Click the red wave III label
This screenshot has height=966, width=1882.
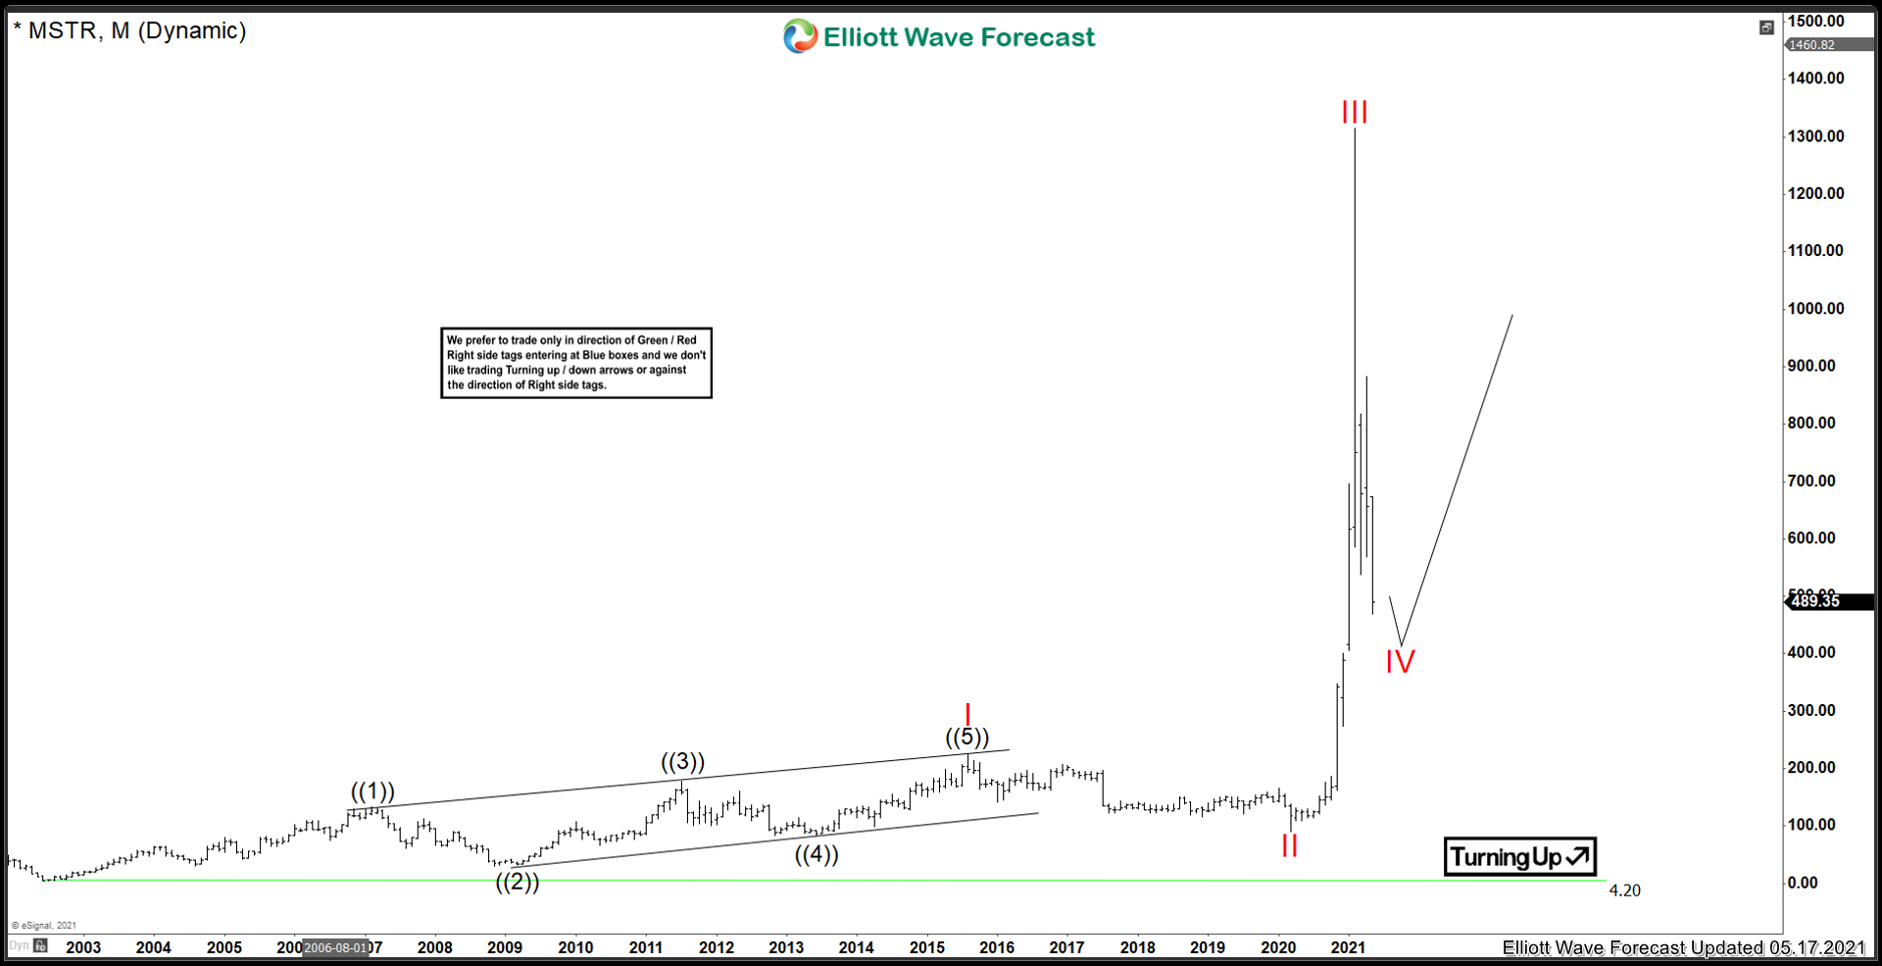(1355, 112)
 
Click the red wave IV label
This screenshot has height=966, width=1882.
(1400, 662)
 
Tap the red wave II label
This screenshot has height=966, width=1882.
(1289, 845)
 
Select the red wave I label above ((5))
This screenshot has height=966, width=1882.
(967, 714)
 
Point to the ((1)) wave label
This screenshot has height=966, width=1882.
(372, 791)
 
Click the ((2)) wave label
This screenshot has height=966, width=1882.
(517, 882)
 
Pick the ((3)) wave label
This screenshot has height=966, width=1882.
(682, 762)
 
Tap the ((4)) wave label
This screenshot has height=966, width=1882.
(817, 854)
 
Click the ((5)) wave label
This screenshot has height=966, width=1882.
(967, 737)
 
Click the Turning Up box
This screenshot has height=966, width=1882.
(1519, 857)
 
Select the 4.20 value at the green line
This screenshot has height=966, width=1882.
(1624, 890)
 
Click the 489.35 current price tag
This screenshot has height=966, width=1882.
(1816, 601)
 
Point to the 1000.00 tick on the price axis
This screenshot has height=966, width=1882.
(1815, 308)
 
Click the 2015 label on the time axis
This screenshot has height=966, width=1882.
(926, 947)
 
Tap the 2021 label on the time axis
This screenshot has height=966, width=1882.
(1348, 947)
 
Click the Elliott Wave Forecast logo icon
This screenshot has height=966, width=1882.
(800, 36)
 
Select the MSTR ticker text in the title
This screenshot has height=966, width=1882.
(63, 30)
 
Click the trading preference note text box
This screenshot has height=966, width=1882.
(576, 363)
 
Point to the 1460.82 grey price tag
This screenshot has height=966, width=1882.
(1811, 45)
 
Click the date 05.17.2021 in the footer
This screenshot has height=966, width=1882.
(1816, 947)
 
